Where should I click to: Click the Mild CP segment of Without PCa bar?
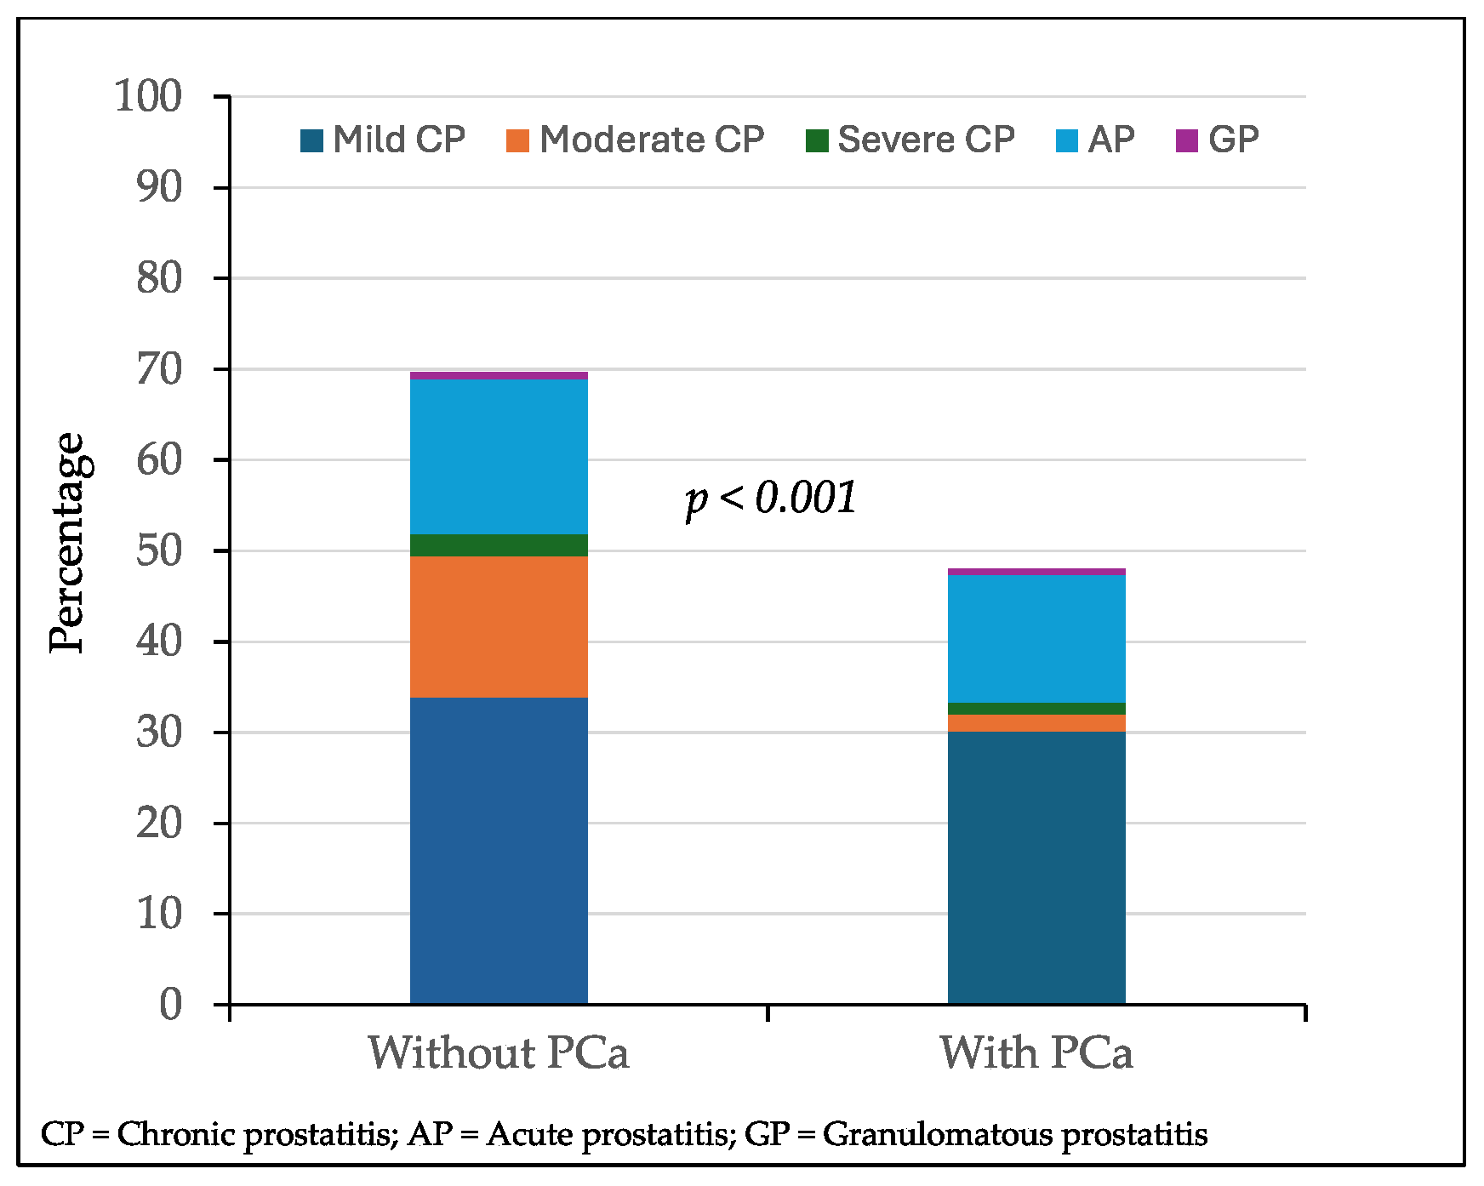pos(499,851)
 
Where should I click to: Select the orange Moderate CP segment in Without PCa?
pos(499,627)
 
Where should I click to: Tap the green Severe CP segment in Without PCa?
pos(499,545)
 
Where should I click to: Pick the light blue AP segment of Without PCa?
pos(499,456)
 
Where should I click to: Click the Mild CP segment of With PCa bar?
pos(1036,868)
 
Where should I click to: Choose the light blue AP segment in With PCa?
pos(1036,638)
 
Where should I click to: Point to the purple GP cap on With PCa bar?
pos(1036,572)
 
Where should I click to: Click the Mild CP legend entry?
pos(383,140)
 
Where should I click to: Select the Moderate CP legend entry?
pos(635,140)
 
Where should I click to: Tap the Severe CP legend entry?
pos(910,140)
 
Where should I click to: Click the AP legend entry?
pos(1095,140)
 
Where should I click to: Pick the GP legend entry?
pos(1217,140)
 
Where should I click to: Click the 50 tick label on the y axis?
pos(159,550)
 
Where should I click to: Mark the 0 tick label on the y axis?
pos(171,1005)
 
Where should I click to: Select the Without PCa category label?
pos(499,1053)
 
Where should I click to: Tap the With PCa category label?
pos(1036,1053)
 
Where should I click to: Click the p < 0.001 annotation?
pos(771,498)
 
